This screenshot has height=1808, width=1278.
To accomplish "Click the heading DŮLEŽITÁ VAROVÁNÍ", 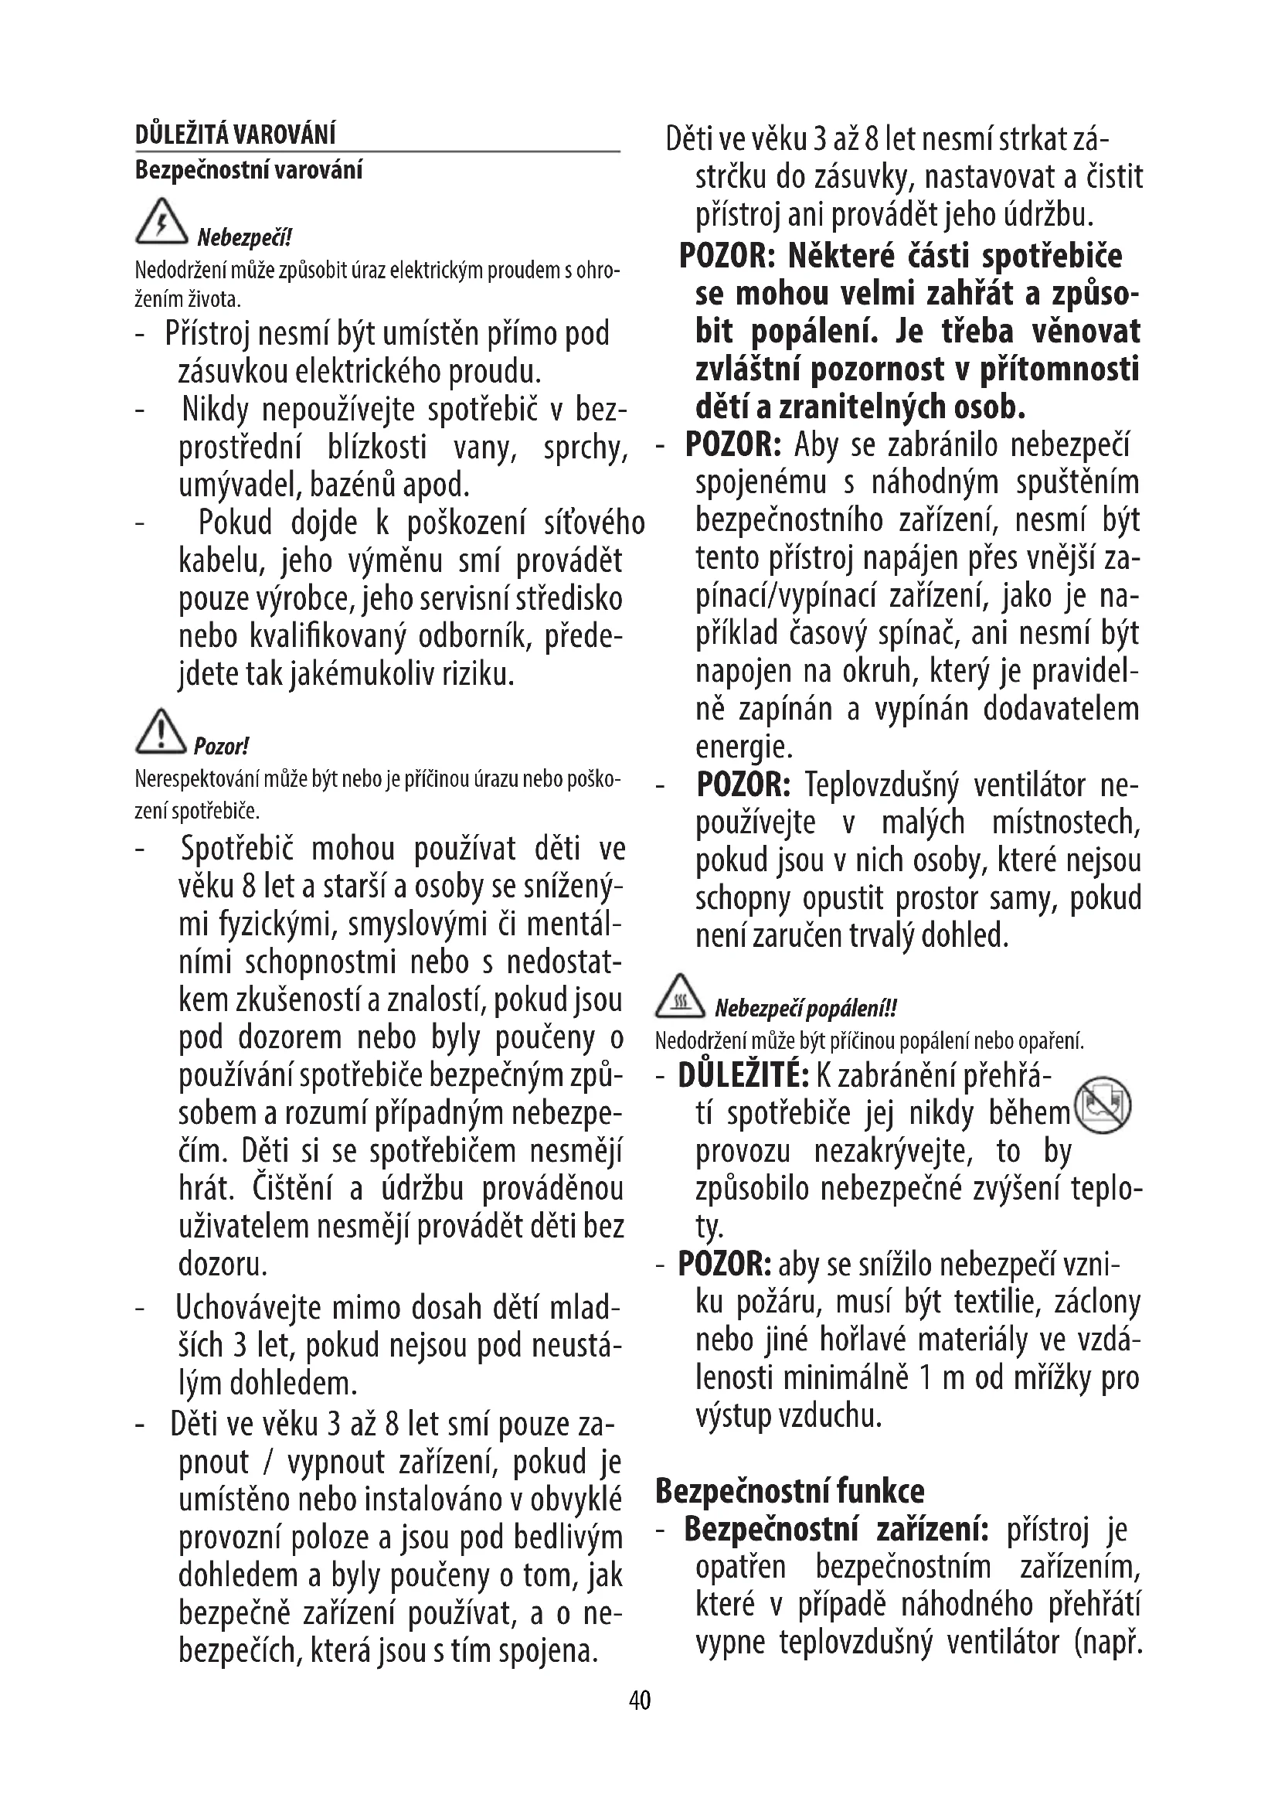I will [236, 135].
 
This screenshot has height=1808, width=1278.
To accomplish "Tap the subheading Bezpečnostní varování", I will [249, 170].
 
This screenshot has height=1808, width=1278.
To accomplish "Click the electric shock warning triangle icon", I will [161, 221].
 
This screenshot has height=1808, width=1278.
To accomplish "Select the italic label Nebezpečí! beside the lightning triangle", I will [244, 237].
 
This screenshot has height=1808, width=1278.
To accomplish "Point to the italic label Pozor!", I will [221, 746].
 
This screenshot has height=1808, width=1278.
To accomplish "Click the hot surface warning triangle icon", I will [681, 994].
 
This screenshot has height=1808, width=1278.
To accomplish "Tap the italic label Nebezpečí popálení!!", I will [805, 1009].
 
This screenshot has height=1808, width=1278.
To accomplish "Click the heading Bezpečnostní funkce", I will [790, 1490].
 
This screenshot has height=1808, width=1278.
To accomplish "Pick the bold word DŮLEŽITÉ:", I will [743, 1076].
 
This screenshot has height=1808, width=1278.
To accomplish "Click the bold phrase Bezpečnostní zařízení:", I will [836, 1530].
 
